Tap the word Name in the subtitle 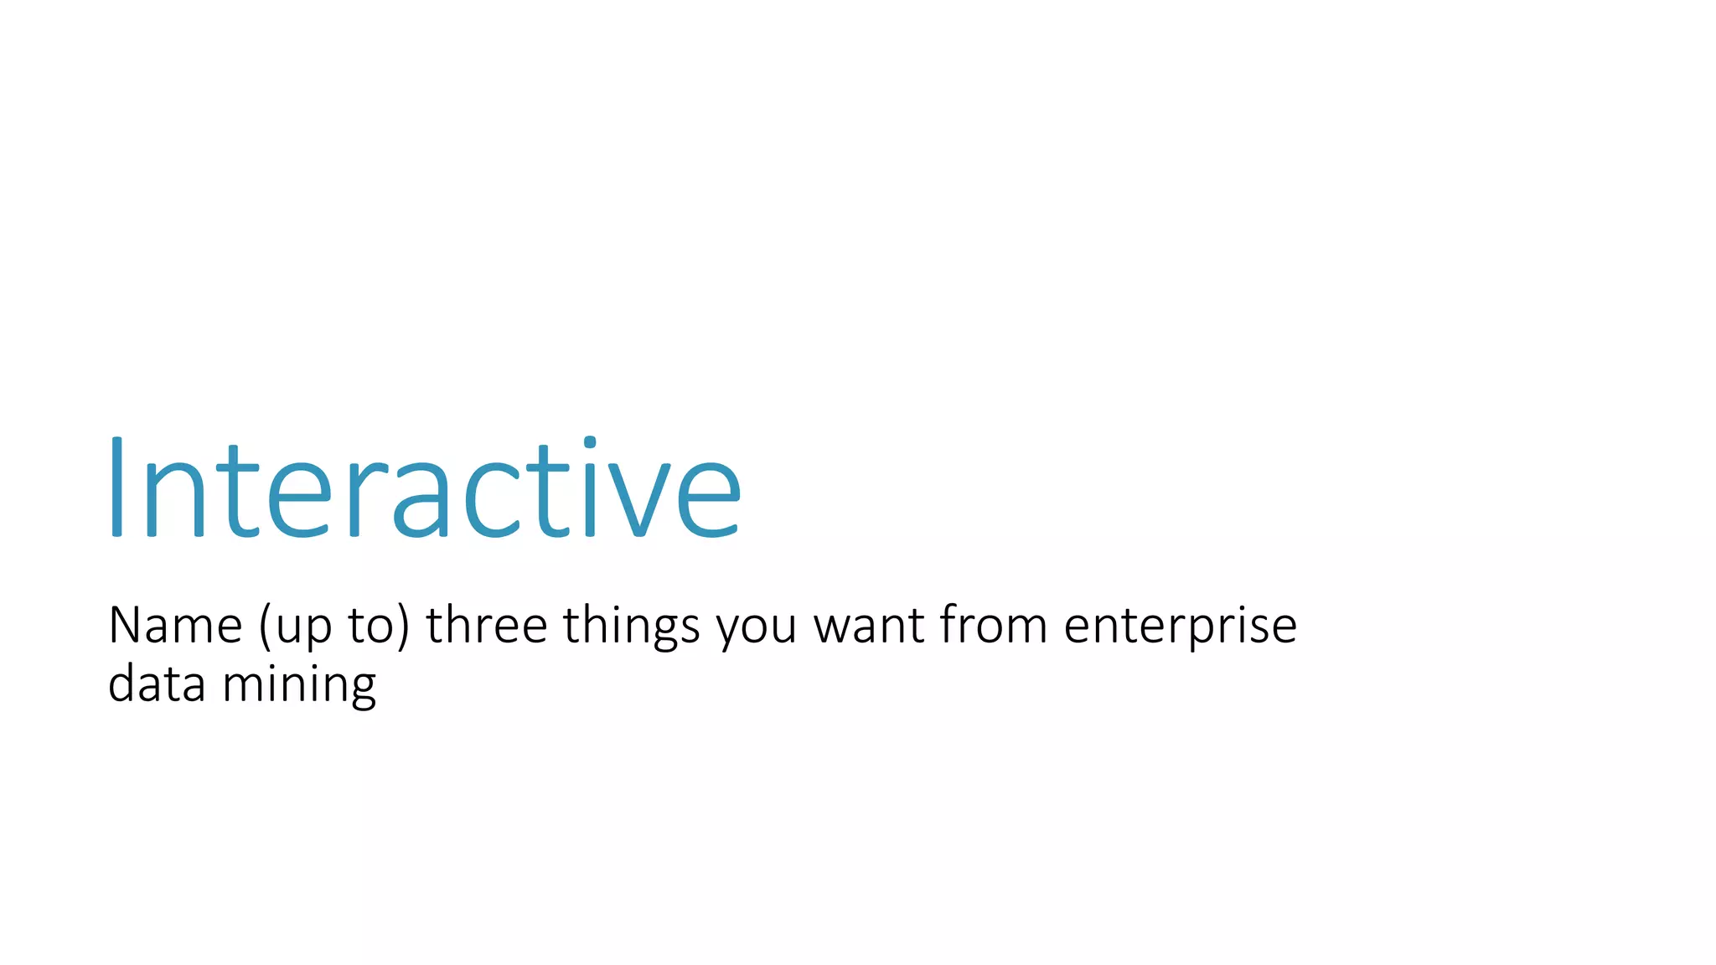tap(175, 626)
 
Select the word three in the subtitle tap(486, 626)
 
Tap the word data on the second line tap(157, 684)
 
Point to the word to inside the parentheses tap(370, 627)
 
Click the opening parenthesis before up tap(265, 627)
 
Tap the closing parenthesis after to tap(404, 627)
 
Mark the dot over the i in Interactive tap(590, 441)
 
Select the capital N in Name tap(127, 625)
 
